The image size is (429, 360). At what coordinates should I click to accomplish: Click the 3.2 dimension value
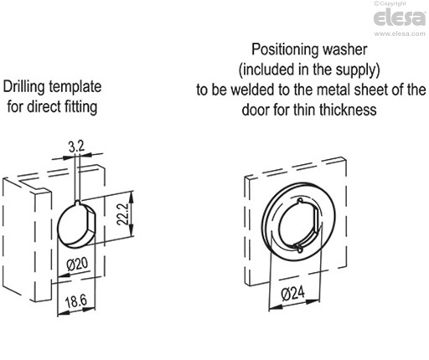pos(76,147)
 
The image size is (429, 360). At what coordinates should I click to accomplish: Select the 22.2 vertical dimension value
pos(122,214)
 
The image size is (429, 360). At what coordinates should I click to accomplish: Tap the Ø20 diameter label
pos(77,264)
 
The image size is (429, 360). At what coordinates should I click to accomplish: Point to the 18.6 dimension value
pos(76,301)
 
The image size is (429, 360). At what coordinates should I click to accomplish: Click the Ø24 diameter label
pos(293,294)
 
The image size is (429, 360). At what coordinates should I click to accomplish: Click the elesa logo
pos(399,18)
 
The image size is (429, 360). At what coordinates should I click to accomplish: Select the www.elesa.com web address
pos(400,33)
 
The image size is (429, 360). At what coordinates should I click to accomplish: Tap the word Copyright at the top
pos(393,3)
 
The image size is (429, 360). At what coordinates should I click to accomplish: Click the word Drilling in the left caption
pos(24,87)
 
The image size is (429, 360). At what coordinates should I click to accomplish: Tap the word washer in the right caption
pos(345,49)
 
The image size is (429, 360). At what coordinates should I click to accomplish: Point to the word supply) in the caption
pos(358,70)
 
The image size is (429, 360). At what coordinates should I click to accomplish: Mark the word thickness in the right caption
pos(348,110)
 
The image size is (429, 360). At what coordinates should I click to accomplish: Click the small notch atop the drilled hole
pos(78,203)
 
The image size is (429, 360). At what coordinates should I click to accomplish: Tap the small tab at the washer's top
pos(300,201)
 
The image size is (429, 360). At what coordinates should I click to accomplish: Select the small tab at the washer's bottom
pos(299,248)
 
